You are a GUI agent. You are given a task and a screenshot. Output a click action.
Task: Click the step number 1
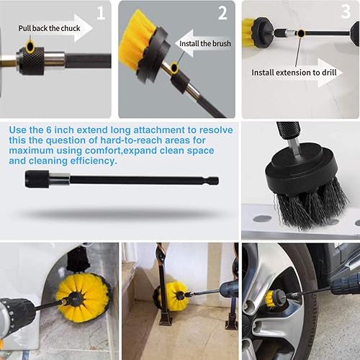click(101, 12)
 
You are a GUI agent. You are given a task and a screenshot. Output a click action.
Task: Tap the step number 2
click(222, 12)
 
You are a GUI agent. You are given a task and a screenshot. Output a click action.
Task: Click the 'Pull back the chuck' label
click(49, 29)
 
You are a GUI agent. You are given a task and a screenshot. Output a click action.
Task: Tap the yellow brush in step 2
click(138, 42)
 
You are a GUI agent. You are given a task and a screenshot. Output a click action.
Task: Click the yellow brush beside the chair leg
click(171, 296)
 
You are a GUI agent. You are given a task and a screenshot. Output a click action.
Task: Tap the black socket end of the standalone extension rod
click(37, 179)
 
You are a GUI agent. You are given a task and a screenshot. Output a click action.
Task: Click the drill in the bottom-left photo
click(22, 317)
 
